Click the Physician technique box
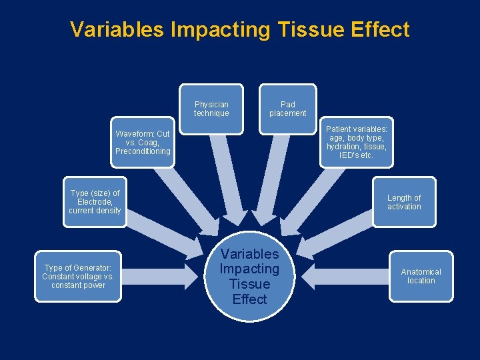(x=211, y=109)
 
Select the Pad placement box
(x=288, y=109)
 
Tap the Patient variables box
(x=356, y=142)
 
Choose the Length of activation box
(x=404, y=202)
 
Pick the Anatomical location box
(x=421, y=276)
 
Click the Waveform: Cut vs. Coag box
(x=143, y=143)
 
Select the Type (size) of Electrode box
(x=95, y=202)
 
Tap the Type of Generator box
(x=78, y=276)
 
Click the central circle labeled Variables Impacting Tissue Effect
(x=249, y=276)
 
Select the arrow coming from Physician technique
(x=223, y=180)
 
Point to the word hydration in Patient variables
(x=341, y=147)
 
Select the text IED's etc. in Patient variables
(x=356, y=155)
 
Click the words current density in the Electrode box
(x=95, y=211)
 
